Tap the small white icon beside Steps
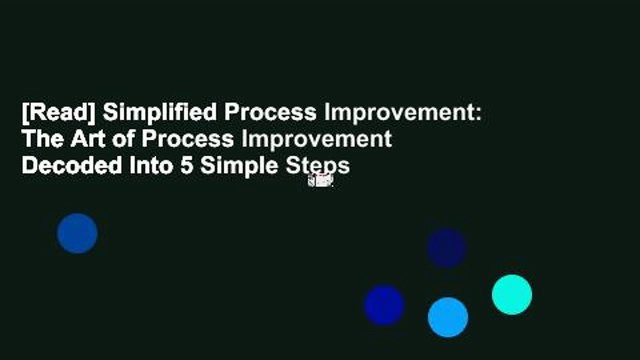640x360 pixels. [x=320, y=180]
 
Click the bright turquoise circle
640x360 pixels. [x=512, y=295]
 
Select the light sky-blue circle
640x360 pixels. [x=447, y=317]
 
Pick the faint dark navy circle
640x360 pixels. [x=446, y=247]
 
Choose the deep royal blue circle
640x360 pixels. [x=383, y=305]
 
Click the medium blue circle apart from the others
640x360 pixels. [x=77, y=233]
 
